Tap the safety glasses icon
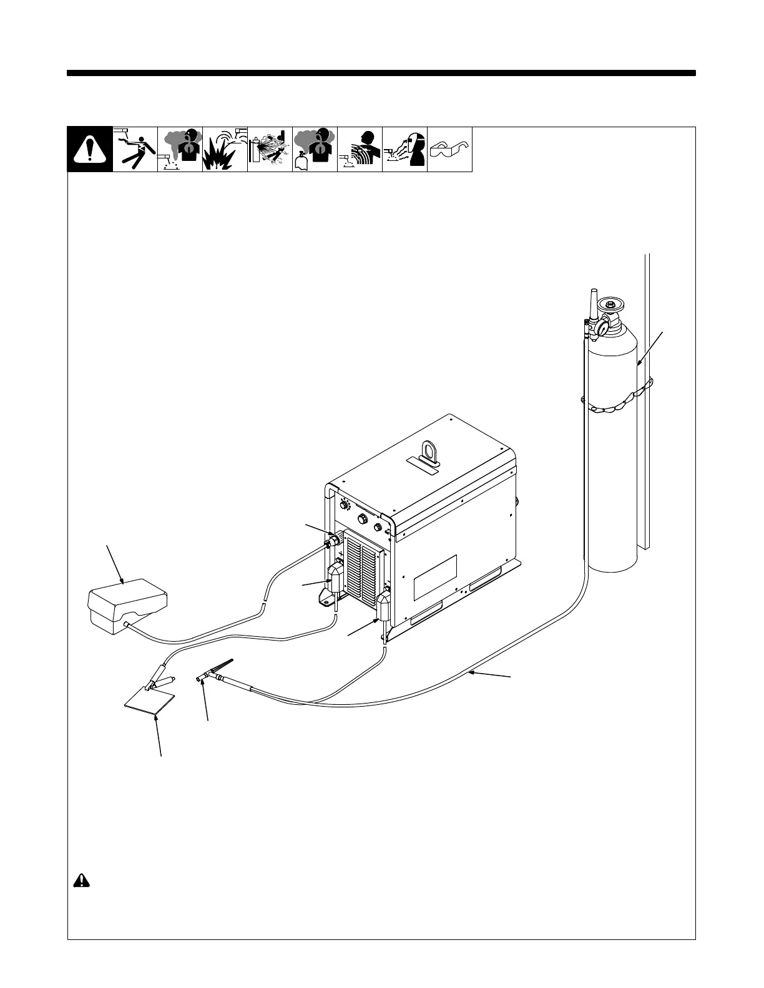(449, 150)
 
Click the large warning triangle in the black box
(90, 150)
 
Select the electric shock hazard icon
(135, 150)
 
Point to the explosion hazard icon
(225, 150)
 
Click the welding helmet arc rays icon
(404, 150)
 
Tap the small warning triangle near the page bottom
(81, 880)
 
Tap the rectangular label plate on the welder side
(435, 578)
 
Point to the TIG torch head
(203, 678)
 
